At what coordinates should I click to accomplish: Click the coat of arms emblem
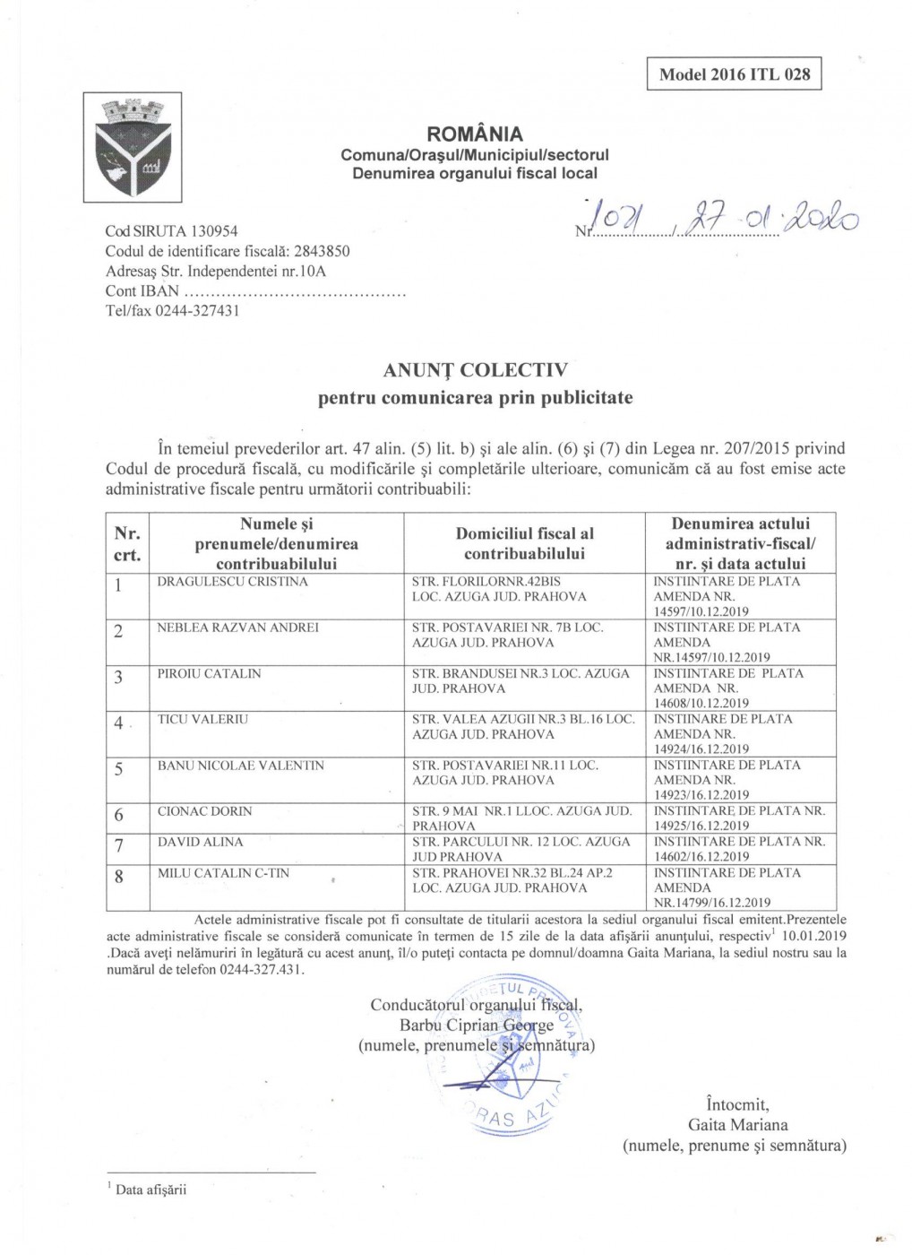(133, 148)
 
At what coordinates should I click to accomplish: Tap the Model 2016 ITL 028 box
(734, 74)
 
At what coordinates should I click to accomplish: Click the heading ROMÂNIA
(475, 134)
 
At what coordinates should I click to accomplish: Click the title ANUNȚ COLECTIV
(475, 370)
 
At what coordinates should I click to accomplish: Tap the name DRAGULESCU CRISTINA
(232, 582)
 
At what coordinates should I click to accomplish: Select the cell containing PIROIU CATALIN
(275, 688)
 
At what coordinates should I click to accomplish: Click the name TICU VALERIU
(203, 720)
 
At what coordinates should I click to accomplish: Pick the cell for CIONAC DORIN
(275, 818)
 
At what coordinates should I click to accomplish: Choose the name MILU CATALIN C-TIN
(223, 873)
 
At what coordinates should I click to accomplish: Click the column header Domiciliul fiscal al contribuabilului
(524, 543)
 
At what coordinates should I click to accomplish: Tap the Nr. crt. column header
(127, 543)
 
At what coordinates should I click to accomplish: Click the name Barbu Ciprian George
(477, 1026)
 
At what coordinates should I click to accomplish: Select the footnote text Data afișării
(151, 1190)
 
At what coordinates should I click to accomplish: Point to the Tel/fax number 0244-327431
(197, 311)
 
